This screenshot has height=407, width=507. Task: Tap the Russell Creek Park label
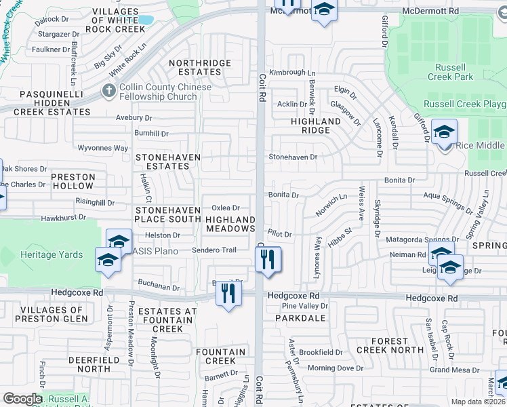451,72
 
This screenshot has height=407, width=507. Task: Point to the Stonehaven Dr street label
293,157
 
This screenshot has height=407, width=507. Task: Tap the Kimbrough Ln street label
292,73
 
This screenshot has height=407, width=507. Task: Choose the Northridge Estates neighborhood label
200,68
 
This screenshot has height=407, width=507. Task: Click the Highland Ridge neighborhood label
315,125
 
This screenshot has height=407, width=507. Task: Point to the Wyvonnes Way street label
103,148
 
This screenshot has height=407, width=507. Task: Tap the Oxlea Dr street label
226,208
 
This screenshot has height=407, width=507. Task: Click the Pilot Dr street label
279,234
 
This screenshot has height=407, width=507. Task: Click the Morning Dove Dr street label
336,368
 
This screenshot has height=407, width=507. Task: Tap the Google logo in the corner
22,399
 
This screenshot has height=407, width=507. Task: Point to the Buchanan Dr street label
158,288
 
